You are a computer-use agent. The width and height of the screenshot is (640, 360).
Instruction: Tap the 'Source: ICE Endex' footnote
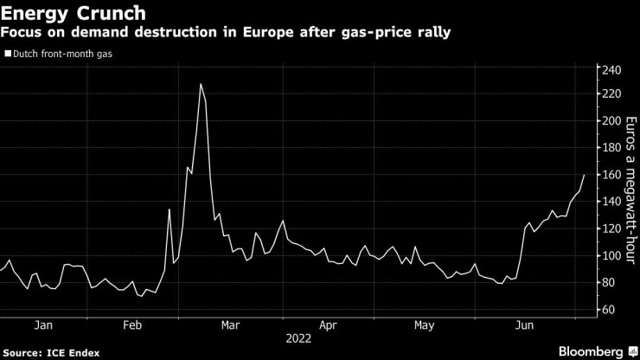click(51, 352)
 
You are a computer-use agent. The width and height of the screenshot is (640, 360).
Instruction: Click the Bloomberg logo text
click(592, 351)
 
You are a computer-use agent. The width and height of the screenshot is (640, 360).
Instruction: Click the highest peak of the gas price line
click(201, 84)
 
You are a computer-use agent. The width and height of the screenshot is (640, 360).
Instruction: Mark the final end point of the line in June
click(585, 175)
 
